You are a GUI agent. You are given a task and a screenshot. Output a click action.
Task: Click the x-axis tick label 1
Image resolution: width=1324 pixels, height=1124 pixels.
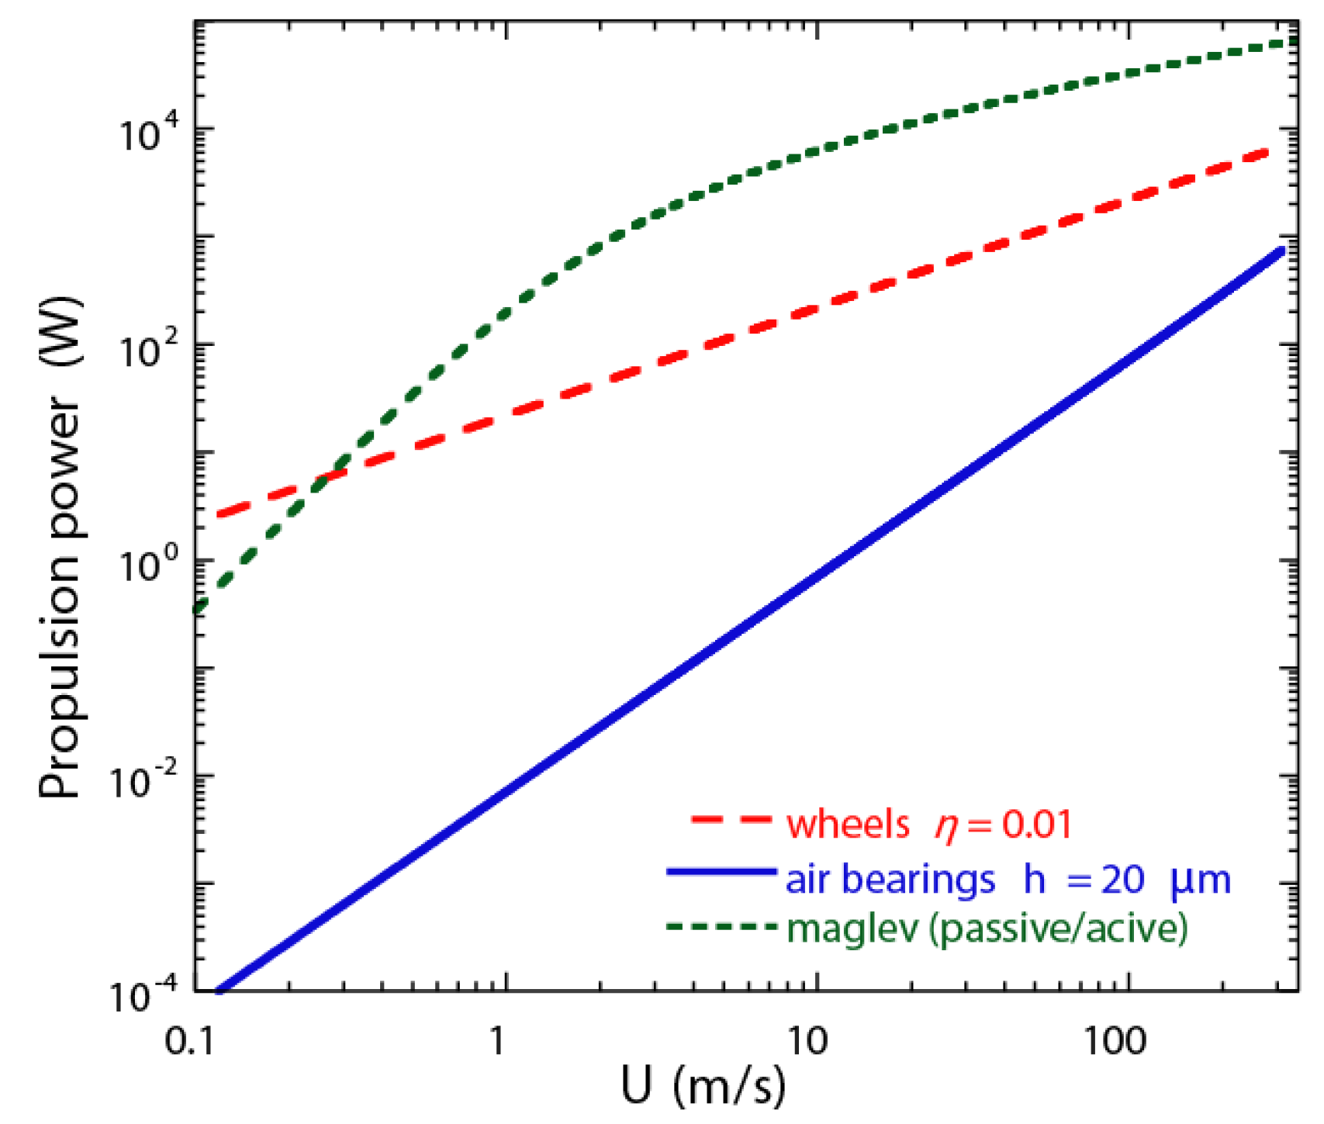coord(496,1042)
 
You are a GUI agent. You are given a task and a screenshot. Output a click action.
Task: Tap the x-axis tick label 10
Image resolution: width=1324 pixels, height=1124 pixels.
coord(807,1042)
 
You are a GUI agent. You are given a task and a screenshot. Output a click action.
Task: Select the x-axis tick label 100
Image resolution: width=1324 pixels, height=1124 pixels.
coord(1115,1042)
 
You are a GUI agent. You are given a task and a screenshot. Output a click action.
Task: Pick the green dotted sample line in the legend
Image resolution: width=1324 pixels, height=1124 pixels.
coord(721,926)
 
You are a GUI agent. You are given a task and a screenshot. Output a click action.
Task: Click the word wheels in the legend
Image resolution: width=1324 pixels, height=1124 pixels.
coord(848,825)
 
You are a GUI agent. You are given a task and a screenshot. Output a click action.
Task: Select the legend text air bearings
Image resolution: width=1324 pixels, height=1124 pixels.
coord(890,880)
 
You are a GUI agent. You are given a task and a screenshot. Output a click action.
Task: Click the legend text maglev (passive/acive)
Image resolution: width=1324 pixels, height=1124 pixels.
coord(987,929)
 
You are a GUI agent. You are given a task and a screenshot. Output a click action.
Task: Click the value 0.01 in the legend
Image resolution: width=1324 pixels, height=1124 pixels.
coord(1035,825)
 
